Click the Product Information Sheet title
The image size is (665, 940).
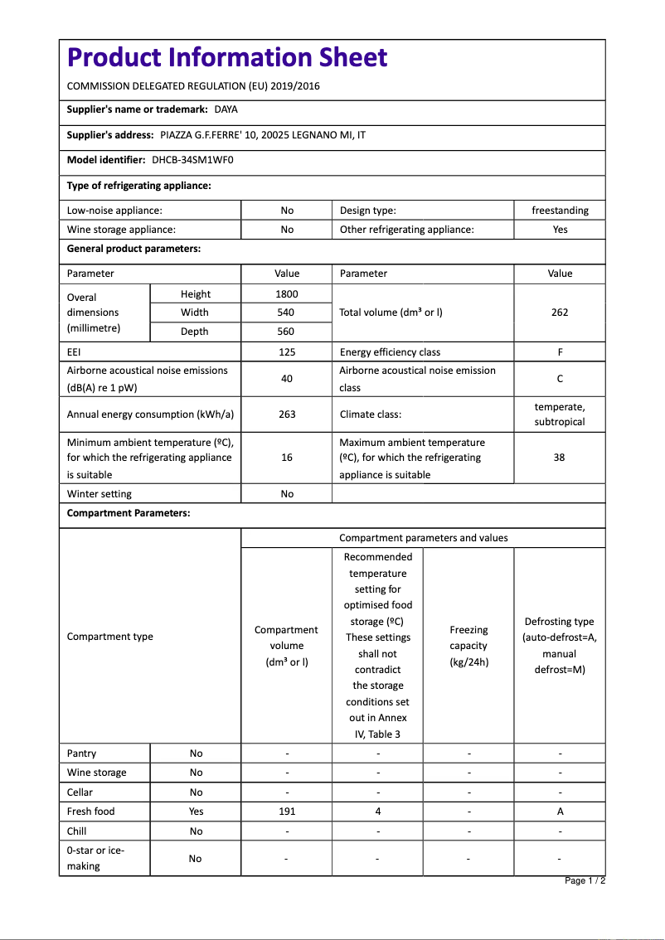(x=226, y=58)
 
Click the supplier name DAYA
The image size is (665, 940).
(x=226, y=109)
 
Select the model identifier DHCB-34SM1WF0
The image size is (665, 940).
(x=192, y=160)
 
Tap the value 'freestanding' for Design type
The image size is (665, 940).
(x=560, y=211)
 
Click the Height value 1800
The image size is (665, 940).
(x=287, y=294)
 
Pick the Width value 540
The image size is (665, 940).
(x=287, y=313)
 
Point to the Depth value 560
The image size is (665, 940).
(x=287, y=332)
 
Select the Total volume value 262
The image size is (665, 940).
(x=560, y=313)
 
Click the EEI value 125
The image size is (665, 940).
(x=287, y=352)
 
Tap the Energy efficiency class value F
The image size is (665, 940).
(x=560, y=352)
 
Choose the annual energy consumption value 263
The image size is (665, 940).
(x=287, y=414)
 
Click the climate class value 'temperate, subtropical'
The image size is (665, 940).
(x=560, y=414)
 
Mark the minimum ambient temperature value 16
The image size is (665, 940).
(x=287, y=458)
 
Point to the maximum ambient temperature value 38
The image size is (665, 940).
(x=560, y=458)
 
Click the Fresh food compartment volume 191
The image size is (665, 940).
(x=287, y=812)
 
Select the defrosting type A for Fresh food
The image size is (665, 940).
(x=560, y=812)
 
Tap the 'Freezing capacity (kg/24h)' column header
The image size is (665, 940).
(x=468, y=646)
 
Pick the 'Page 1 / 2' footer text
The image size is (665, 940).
(x=585, y=881)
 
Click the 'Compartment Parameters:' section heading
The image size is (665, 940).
(x=129, y=513)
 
